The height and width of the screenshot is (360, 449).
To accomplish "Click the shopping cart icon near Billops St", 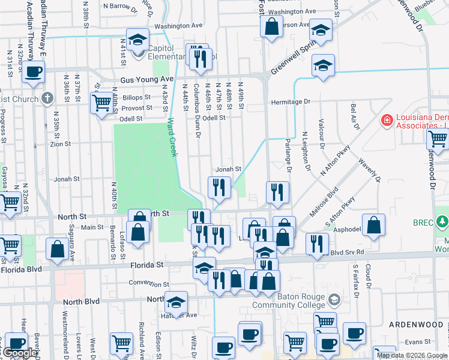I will point(100,103).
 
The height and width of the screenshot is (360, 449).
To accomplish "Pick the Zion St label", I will point(61,145).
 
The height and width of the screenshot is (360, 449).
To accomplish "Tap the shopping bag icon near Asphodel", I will point(373,225).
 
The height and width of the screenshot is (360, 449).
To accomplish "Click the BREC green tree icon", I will point(443,222).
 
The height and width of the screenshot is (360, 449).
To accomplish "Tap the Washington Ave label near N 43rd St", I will point(178,26).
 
